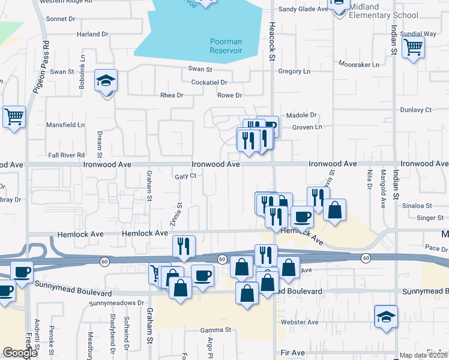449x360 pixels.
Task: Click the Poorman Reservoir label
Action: point(226,46)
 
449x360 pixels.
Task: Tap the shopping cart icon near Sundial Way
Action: point(413,47)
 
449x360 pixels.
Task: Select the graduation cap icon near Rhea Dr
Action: point(106,81)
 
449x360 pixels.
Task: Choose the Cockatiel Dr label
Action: point(209,82)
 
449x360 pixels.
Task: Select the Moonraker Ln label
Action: point(359,64)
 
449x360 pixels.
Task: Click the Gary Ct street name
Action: point(186,176)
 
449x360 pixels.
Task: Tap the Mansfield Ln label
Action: point(65,125)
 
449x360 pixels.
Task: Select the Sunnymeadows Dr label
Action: point(117,304)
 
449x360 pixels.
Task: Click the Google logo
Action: point(20,353)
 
